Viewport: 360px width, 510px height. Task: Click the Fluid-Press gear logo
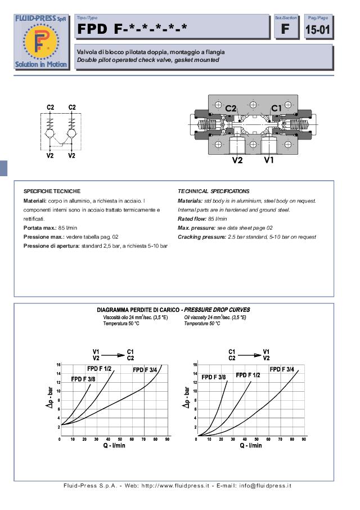[41, 42]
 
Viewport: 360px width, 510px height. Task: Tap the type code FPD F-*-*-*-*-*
[132, 29]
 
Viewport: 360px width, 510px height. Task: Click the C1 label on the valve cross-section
[277, 108]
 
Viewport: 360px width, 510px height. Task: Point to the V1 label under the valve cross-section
[269, 160]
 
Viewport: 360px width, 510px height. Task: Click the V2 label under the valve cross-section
[237, 160]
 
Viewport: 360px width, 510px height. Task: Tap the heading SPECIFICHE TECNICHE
[52, 191]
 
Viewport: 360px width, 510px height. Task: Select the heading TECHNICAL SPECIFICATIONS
[213, 191]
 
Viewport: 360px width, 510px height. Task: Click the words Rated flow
[192, 219]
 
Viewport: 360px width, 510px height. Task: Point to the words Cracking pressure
[200, 237]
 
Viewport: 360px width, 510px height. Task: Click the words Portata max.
[39, 228]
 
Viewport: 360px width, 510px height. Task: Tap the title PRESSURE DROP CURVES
[217, 310]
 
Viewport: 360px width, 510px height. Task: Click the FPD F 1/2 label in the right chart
[247, 375]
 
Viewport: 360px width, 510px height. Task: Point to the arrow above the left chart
[113, 355]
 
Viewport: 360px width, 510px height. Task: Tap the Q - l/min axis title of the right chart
[251, 445]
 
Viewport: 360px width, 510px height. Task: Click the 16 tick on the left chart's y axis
[58, 365]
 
